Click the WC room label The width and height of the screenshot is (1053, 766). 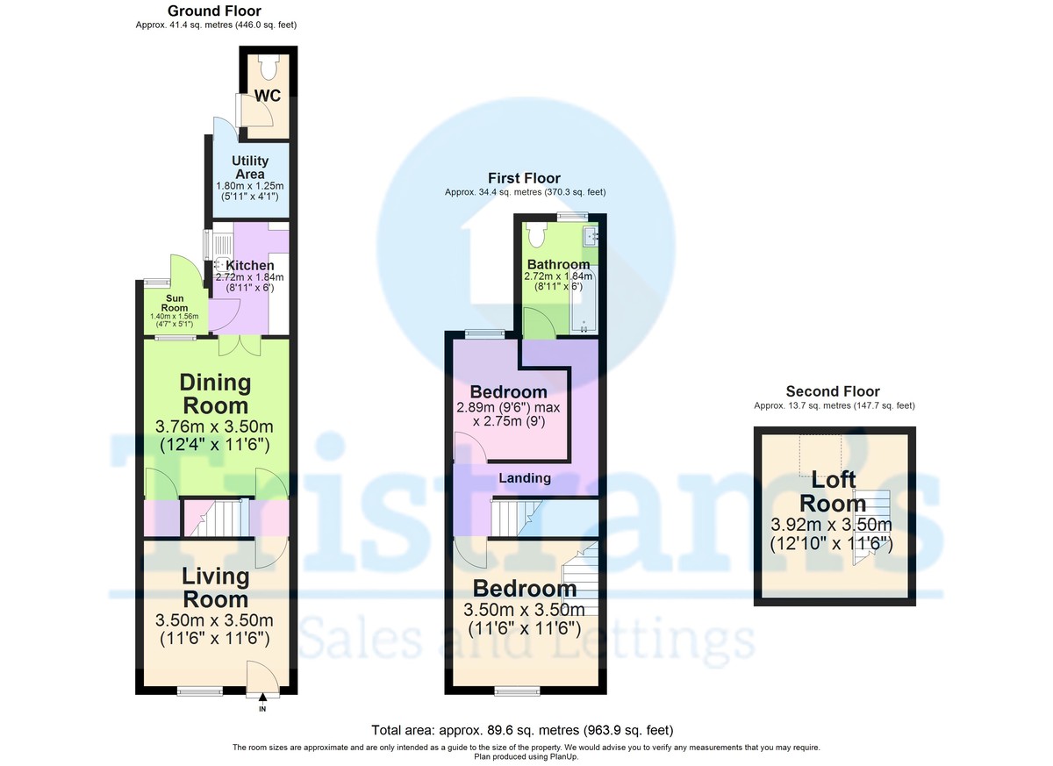click(268, 96)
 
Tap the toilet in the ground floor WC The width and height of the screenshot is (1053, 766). click(269, 66)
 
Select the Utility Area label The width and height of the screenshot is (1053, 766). click(250, 168)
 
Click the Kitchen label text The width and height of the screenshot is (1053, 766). click(250, 265)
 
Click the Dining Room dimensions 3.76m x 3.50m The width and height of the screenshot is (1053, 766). click(216, 426)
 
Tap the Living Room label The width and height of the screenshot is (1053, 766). click(216, 588)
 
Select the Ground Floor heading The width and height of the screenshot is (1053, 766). click(214, 11)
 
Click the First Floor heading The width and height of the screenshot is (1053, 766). click(525, 178)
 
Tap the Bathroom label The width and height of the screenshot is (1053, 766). click(558, 264)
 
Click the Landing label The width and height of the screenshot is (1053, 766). click(525, 478)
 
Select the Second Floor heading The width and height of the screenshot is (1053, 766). click(833, 391)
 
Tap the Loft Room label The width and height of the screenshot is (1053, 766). click(833, 491)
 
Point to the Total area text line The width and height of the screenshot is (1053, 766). click(523, 730)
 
